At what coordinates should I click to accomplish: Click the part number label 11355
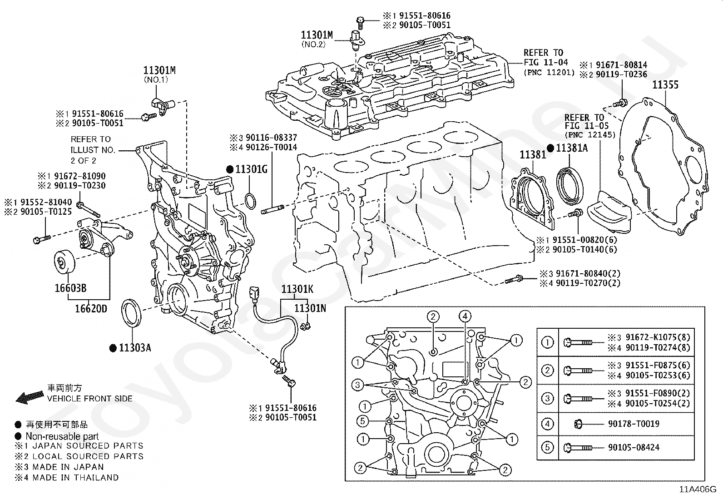click(665, 85)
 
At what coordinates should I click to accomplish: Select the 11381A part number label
click(572, 148)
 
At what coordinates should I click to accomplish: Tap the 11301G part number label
click(252, 169)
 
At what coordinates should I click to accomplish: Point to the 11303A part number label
click(135, 348)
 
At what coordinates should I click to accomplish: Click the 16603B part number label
click(71, 288)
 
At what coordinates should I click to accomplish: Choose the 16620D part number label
click(91, 309)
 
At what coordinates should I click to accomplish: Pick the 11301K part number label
click(297, 289)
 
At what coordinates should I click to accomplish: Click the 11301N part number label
click(310, 308)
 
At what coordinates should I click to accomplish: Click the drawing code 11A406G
click(698, 489)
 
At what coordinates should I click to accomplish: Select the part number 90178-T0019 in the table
click(634, 424)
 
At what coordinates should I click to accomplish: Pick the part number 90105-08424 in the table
click(634, 447)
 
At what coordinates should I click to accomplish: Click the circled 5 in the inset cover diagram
click(362, 421)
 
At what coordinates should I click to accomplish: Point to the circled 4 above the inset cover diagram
click(465, 316)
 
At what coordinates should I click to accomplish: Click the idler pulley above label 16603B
click(64, 262)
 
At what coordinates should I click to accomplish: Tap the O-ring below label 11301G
click(251, 202)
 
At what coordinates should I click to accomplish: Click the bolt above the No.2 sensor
click(361, 23)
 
